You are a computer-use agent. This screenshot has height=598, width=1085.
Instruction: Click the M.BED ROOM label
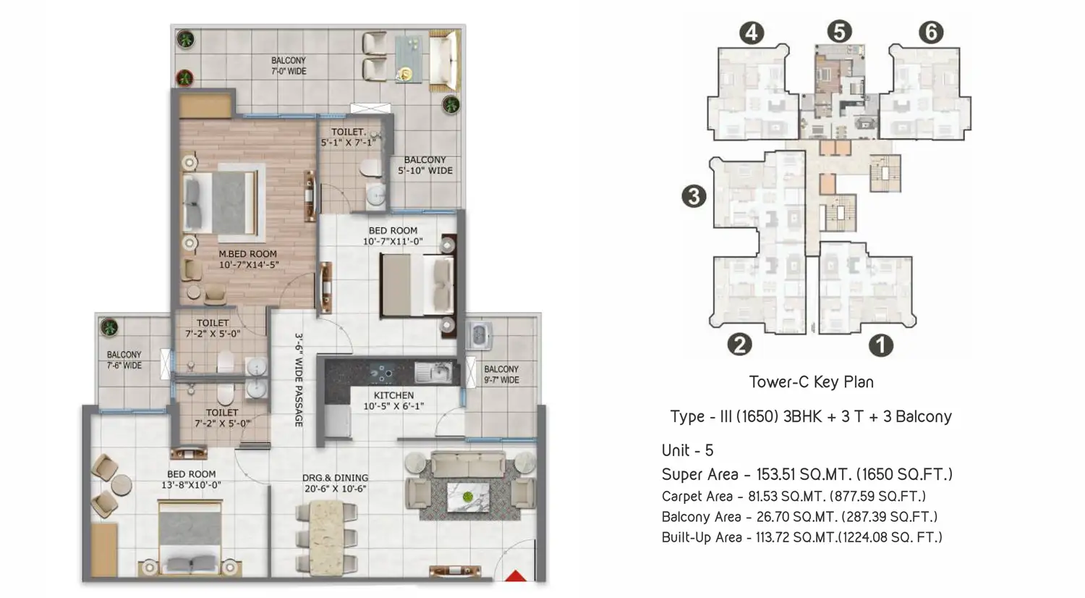[249, 259]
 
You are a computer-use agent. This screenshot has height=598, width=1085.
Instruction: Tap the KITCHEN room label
[393, 400]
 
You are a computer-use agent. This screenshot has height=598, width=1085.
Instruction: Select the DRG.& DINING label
[335, 483]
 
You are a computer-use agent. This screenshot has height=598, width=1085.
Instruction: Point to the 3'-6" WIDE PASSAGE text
[299, 380]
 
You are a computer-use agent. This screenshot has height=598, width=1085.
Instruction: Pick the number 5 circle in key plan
[839, 32]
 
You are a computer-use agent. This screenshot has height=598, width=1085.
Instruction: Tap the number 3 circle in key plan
[694, 196]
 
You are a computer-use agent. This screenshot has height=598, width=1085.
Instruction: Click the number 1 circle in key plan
[880, 345]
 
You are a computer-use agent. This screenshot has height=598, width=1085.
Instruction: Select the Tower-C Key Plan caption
[812, 382]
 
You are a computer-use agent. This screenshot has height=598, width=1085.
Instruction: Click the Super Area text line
[807, 474]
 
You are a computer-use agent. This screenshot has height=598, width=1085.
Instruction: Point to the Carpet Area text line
[793, 496]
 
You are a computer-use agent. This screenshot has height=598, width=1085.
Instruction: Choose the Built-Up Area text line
[801, 537]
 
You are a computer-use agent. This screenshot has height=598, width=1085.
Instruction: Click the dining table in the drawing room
[326, 536]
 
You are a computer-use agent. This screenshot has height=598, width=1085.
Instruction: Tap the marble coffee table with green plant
[467, 497]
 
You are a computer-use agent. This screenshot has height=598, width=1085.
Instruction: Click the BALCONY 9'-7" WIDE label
[501, 374]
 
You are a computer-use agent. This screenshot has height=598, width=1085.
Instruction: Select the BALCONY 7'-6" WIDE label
[124, 360]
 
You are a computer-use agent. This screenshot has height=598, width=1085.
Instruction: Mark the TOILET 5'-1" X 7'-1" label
[348, 138]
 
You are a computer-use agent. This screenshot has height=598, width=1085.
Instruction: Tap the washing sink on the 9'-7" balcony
[479, 334]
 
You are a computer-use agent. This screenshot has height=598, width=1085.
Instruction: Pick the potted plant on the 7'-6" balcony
[109, 327]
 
